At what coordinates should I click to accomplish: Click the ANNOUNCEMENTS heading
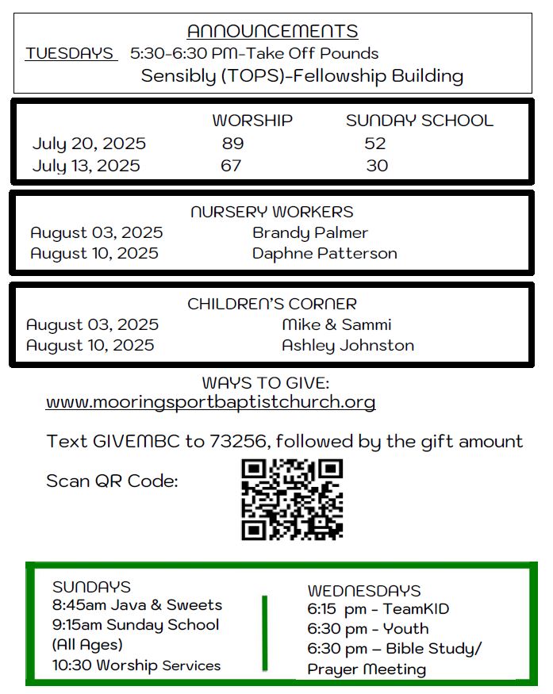point(272,32)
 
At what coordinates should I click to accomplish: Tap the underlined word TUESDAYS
point(70,54)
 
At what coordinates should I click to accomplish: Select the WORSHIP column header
point(252,121)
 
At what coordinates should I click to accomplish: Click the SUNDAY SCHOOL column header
point(419,121)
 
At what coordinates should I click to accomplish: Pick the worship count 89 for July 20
point(232,144)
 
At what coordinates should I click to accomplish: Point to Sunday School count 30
point(377,166)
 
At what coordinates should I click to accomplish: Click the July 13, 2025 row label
point(86,166)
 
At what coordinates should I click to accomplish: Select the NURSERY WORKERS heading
point(272,213)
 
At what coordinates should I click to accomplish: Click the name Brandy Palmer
point(310,233)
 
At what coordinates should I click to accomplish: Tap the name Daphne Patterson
point(325,254)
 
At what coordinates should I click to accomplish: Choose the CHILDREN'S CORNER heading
point(272,304)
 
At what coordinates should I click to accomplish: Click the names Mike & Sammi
point(336,325)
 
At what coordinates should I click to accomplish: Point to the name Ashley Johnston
point(348,346)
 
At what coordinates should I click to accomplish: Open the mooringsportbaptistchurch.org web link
point(210,402)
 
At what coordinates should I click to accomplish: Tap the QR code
point(292,500)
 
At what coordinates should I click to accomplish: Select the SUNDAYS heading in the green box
point(91,587)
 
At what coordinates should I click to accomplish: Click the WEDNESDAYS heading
point(363,591)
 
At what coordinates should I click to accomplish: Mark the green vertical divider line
point(264,631)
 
